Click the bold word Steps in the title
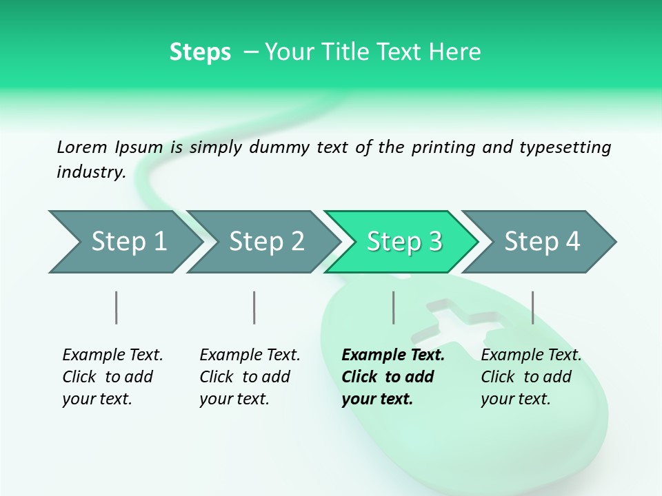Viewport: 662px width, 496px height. [200, 52]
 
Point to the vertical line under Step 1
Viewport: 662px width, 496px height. [117, 307]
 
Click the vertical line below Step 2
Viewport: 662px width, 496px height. [254, 307]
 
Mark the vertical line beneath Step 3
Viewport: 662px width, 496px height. [393, 307]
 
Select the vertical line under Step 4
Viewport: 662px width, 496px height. [532, 307]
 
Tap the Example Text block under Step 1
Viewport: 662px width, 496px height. [112, 376]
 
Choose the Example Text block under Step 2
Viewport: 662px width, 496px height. [250, 376]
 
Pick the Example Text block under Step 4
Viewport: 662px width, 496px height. [531, 376]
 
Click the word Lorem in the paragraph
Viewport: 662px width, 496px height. [82, 147]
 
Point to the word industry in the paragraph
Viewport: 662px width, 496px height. [90, 172]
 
